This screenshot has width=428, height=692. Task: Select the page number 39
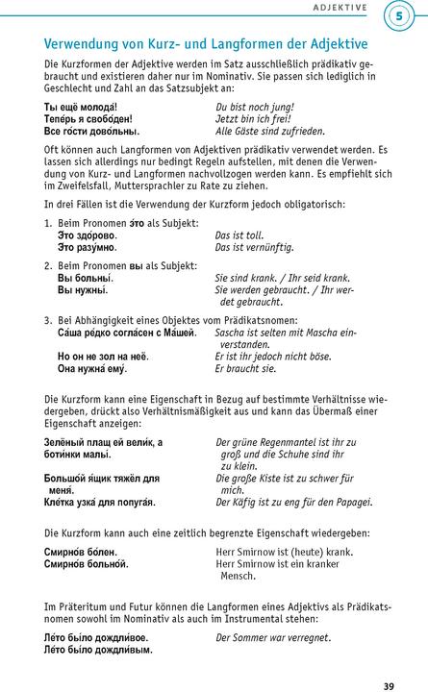389,659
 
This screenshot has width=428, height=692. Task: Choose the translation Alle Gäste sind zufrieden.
269,131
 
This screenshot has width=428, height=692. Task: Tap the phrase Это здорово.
87,235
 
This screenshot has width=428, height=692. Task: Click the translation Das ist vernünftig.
256,247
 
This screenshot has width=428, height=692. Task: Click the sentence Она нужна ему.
92,368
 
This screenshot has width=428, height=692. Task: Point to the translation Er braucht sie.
245,368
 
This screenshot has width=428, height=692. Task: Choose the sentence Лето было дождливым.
97,650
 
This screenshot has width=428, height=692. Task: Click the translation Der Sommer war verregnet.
273,637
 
